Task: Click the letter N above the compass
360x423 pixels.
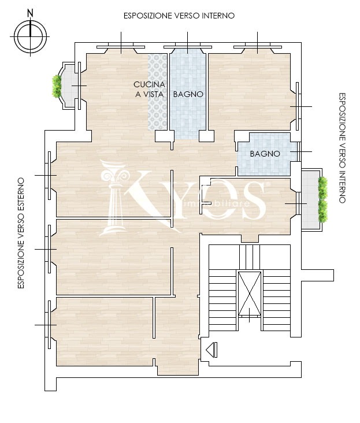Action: coord(31,13)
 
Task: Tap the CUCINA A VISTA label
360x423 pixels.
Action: coord(150,90)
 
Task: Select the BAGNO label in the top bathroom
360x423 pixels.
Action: coord(188,94)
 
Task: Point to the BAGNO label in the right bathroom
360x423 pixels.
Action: coord(265,154)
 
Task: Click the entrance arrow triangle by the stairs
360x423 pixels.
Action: coord(211,350)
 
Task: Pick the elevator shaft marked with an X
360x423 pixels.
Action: coord(250,293)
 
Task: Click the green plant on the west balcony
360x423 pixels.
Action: coord(57,86)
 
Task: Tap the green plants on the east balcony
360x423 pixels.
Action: coord(322,199)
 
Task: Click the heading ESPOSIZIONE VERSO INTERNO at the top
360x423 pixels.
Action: coord(179,16)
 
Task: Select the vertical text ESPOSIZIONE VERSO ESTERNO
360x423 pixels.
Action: coord(21,233)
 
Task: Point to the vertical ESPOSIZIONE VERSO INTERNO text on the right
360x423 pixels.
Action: coord(342,148)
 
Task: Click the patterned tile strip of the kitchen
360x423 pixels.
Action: coord(158,92)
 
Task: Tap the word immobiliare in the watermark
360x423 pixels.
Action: coord(216,203)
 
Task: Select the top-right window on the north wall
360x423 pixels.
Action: coord(258,47)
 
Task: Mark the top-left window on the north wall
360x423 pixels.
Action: coord(121,47)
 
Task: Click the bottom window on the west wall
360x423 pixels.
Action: coord(49,325)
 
